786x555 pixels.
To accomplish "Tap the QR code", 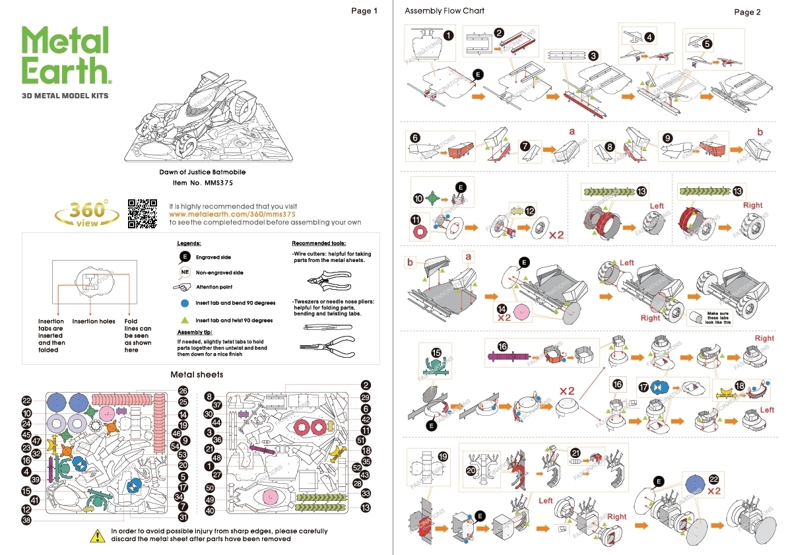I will tap(142, 213).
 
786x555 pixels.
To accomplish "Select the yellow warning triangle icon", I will tap(98, 535).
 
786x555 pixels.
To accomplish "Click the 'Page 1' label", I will tap(364, 11).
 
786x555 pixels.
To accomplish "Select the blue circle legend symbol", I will tap(185, 304).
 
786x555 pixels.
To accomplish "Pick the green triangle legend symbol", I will tap(185, 320).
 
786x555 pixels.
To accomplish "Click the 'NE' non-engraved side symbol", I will tap(185, 272).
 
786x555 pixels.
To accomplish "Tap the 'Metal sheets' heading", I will tap(197, 374).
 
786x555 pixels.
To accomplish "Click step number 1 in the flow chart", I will tap(448, 35).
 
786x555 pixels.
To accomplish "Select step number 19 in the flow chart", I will tap(443, 456).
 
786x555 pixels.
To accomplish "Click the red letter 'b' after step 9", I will tap(760, 132).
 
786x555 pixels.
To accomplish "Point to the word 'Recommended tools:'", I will tap(319, 243).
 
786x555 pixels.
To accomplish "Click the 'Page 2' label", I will tap(747, 12).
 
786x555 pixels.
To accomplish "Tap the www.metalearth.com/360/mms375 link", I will tap(232, 214).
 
